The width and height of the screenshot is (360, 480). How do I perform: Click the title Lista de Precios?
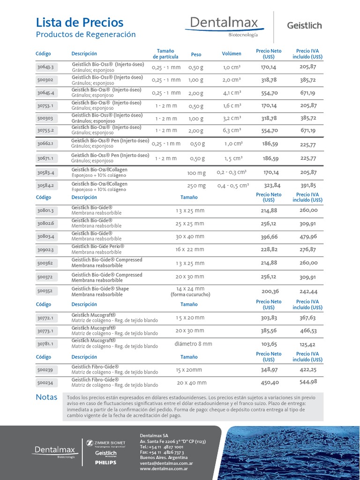(x=80, y=22)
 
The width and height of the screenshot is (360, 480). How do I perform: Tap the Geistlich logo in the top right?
(x=304, y=26)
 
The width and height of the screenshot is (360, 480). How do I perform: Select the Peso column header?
(x=196, y=54)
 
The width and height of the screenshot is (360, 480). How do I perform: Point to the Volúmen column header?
(x=232, y=54)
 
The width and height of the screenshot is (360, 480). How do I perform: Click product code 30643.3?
(x=45, y=67)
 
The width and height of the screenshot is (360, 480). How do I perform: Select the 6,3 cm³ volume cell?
(x=232, y=130)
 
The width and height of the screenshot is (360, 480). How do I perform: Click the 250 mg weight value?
(x=196, y=186)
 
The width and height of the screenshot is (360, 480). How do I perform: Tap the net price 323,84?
(x=269, y=186)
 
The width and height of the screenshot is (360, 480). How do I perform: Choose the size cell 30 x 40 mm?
(x=190, y=237)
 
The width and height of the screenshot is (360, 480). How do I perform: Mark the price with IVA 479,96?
(x=308, y=236)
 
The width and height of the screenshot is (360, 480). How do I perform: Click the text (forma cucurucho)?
(x=190, y=295)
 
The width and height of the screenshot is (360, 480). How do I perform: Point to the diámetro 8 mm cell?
(x=193, y=344)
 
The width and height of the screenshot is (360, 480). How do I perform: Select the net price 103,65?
(x=269, y=344)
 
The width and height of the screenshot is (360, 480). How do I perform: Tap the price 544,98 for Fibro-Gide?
(x=308, y=382)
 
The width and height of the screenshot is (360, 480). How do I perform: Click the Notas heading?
(x=46, y=397)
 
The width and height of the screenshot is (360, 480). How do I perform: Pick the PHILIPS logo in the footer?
(x=105, y=463)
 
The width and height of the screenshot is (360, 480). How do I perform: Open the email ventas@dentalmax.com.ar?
(x=166, y=463)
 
